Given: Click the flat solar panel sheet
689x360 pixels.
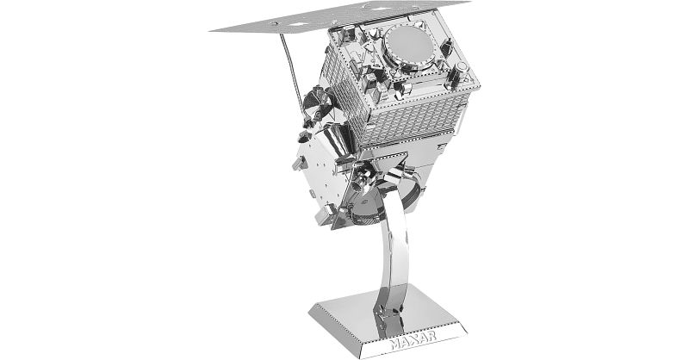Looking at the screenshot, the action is [340, 16].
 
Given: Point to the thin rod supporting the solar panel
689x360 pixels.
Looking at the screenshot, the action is [292, 71].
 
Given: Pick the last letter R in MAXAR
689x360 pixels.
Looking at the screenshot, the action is [432, 336].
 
